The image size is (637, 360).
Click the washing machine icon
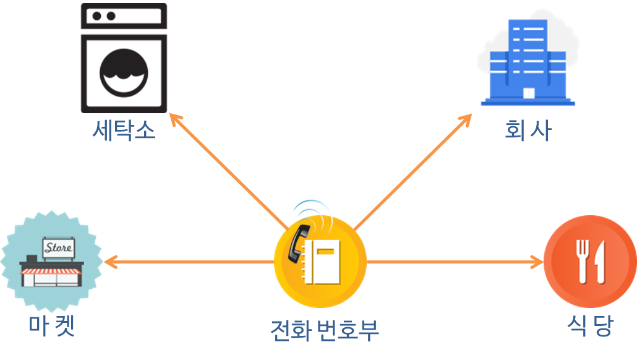124,58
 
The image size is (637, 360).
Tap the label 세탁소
124,130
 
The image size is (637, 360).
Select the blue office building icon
528,62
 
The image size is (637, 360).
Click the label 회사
527,131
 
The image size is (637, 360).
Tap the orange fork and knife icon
589,262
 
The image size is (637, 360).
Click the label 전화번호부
324,330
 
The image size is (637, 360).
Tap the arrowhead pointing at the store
108,262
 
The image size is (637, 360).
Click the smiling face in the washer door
124,72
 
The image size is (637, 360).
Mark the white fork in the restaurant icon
581,261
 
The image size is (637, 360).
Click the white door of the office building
528,93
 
